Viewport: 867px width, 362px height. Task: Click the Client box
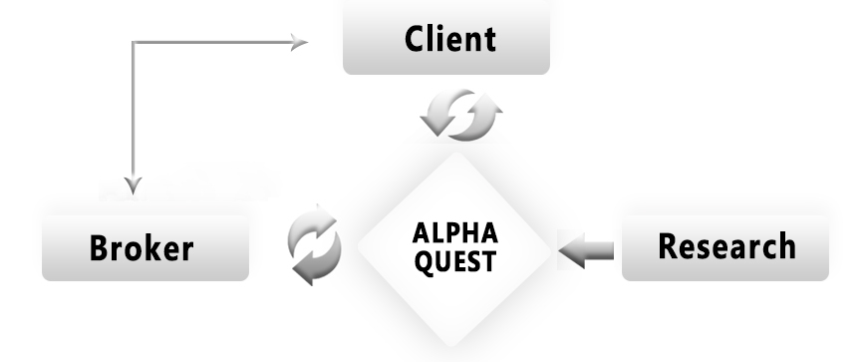pyautogui.click(x=446, y=37)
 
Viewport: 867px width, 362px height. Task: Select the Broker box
pyautogui.click(x=145, y=248)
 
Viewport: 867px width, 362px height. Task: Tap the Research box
pyautogui.click(x=725, y=248)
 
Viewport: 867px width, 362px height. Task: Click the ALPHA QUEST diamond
pyautogui.click(x=453, y=249)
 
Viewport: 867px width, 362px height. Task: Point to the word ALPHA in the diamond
pyautogui.click(x=455, y=233)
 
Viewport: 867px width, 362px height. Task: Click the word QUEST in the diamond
pyautogui.click(x=455, y=261)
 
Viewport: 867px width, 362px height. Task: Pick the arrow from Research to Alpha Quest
pyautogui.click(x=586, y=250)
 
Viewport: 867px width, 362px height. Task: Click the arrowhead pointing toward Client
pyautogui.click(x=299, y=42)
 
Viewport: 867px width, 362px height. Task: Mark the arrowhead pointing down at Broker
pyautogui.click(x=133, y=184)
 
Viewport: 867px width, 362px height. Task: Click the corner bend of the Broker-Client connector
pyautogui.click(x=133, y=42)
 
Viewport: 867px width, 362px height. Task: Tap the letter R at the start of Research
pyautogui.click(x=668, y=245)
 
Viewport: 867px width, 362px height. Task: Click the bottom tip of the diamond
pyautogui.click(x=452, y=346)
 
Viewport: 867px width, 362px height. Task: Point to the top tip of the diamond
pyautogui.click(x=455, y=154)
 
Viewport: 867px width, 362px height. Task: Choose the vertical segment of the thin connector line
pyautogui.click(x=133, y=111)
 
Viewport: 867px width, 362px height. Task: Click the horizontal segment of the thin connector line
pyautogui.click(x=213, y=42)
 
